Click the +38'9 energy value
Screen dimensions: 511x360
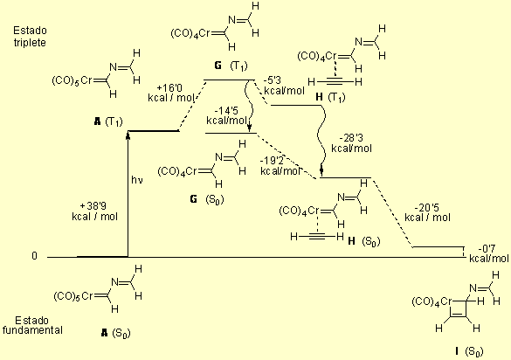click(93, 206)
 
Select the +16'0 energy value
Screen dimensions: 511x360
click(169, 88)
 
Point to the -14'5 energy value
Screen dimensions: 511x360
click(226, 110)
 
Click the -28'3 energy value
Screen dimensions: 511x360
click(351, 138)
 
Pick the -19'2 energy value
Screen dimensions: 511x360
click(273, 161)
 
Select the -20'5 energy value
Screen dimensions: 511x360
click(427, 207)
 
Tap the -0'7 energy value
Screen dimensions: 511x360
click(487, 249)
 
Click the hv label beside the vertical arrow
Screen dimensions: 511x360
click(137, 180)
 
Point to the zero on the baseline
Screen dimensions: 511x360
click(35, 256)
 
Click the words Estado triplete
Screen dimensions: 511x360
click(30, 37)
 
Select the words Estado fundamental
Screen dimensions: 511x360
click(32, 325)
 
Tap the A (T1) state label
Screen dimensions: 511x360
click(108, 122)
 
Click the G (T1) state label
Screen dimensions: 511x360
click(231, 66)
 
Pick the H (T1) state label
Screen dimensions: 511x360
click(330, 97)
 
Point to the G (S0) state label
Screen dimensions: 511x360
click(207, 199)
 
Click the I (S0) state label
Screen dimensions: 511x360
click(469, 351)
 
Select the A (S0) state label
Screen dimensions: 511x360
click(115, 333)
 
